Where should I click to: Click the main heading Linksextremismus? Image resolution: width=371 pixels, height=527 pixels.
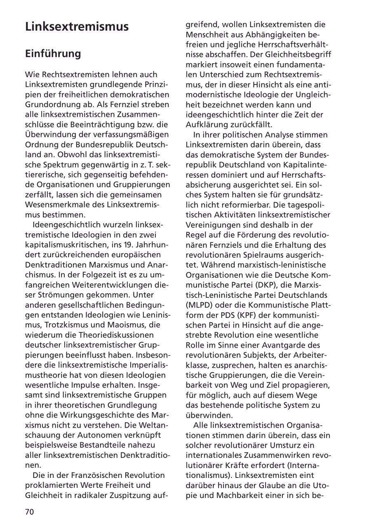[x=77, y=27]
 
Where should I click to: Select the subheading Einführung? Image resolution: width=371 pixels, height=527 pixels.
[x=53, y=54]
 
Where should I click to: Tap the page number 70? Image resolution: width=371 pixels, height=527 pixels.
[x=30, y=512]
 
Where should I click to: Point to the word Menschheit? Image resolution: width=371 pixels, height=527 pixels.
[x=207, y=35]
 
